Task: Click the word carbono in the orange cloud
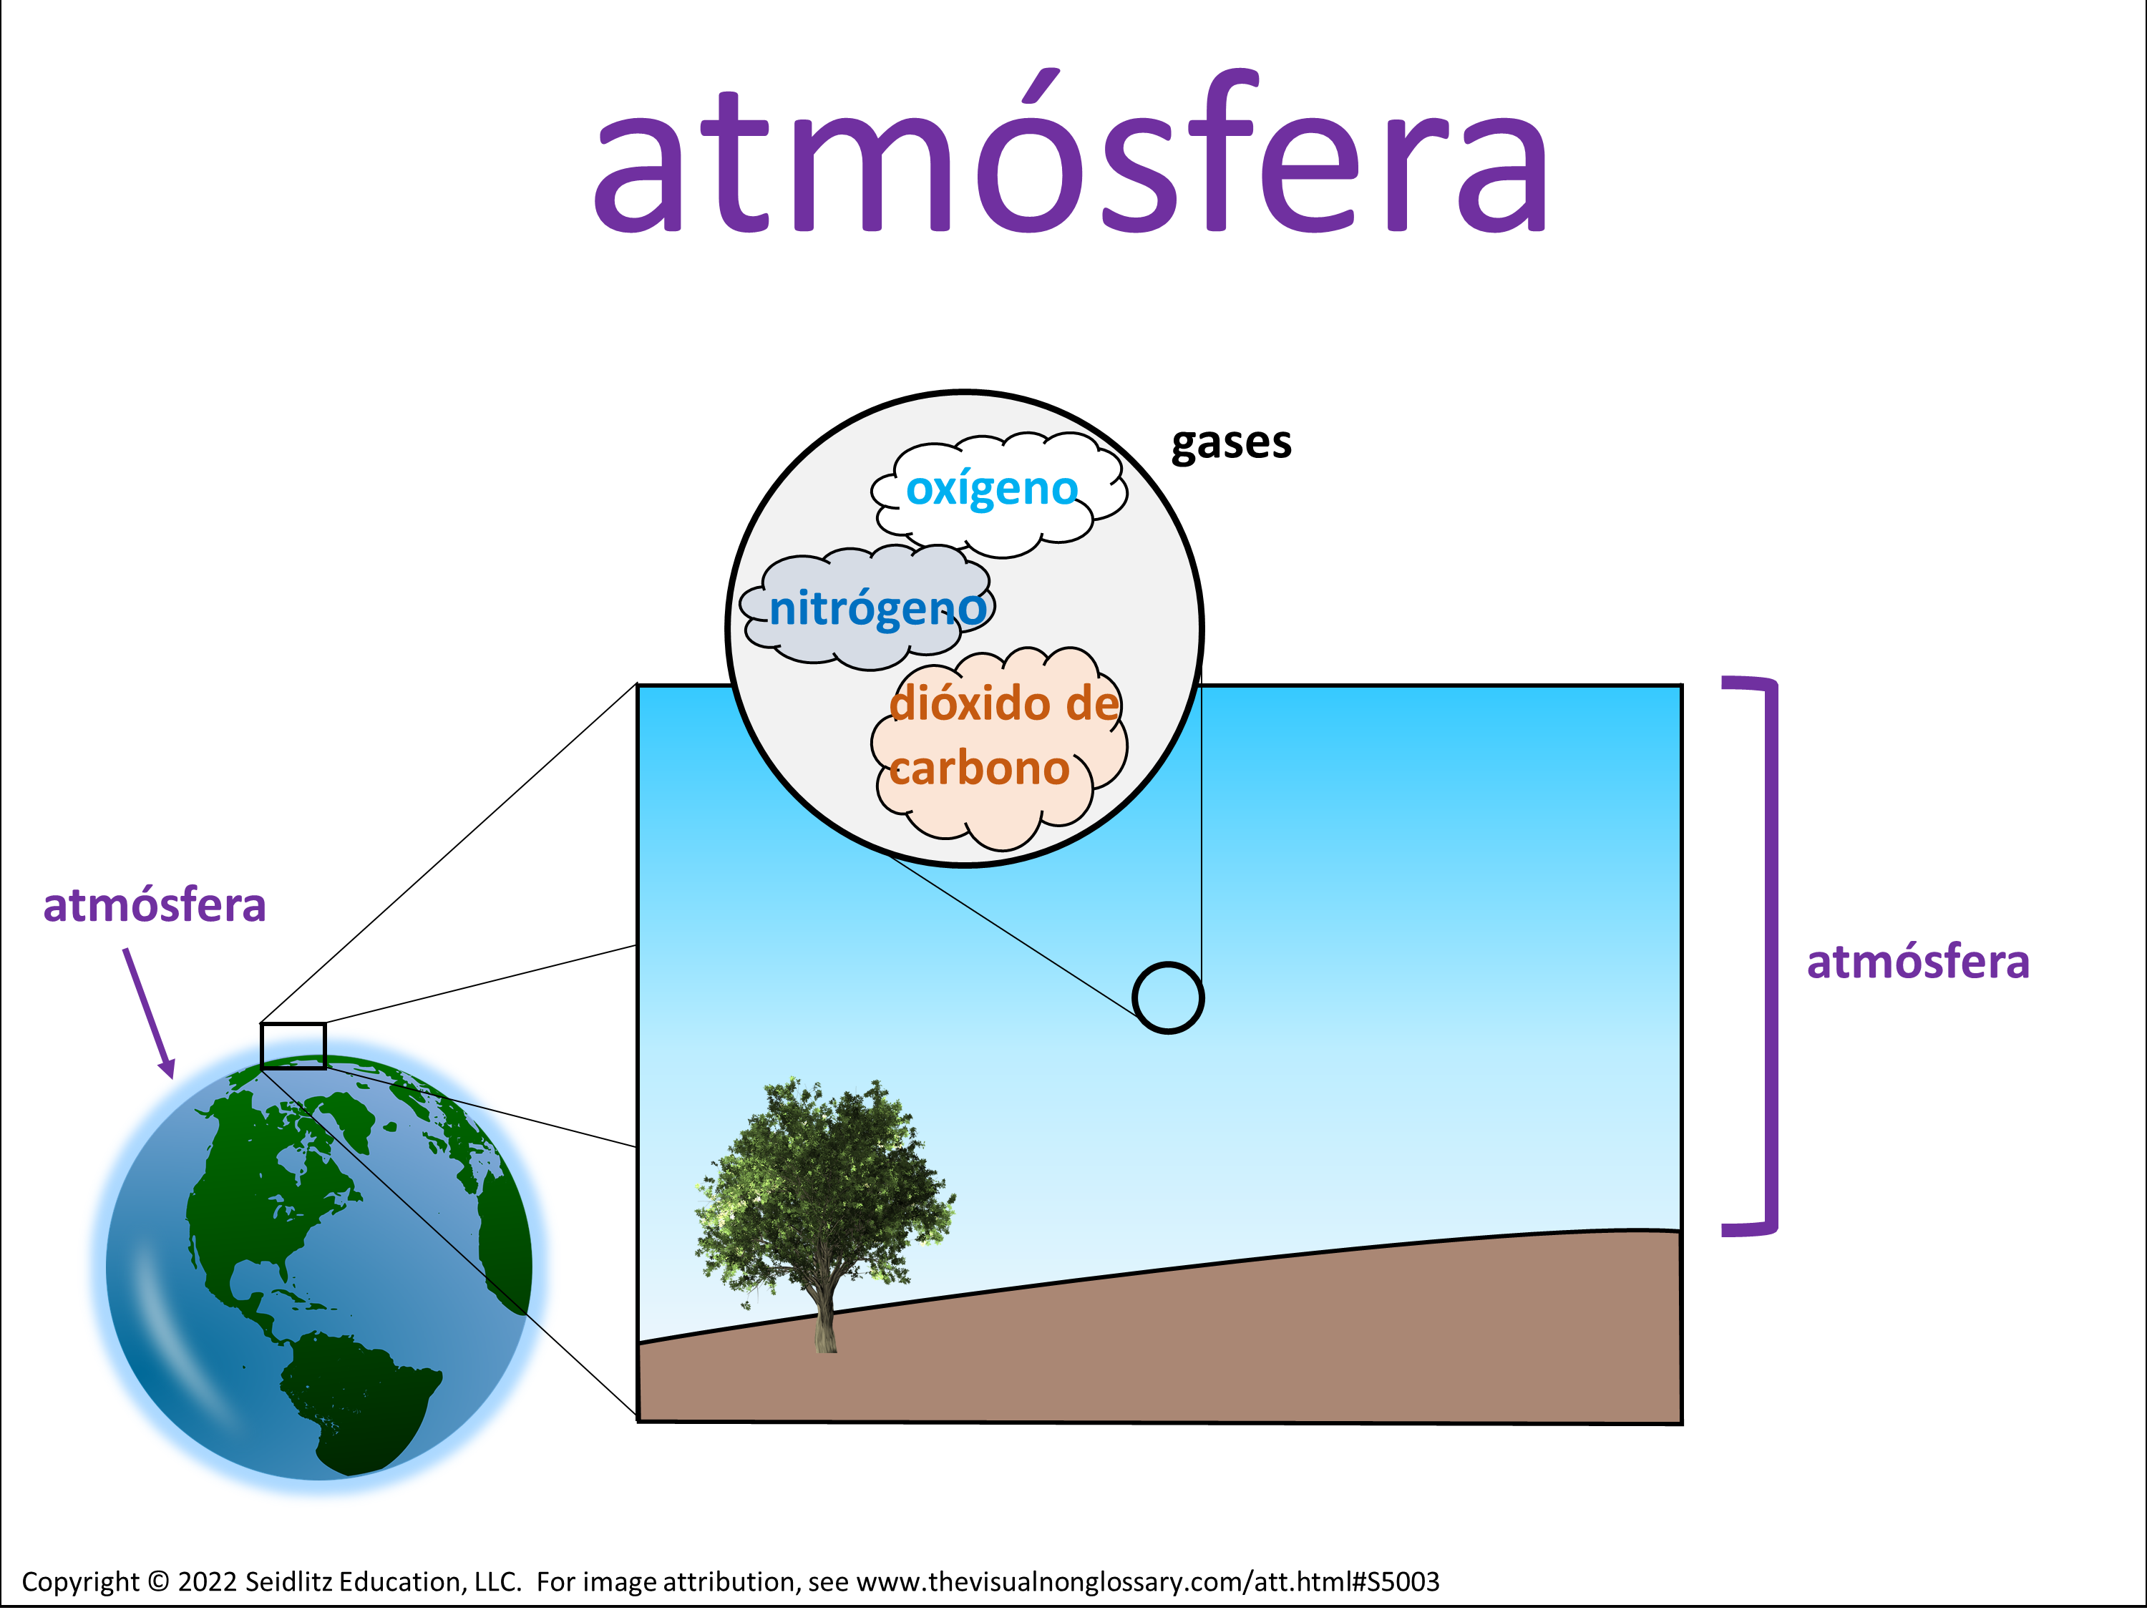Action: pos(979,769)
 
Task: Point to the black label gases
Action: pos(1232,444)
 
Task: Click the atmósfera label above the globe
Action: pos(155,904)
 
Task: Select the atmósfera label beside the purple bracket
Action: pos(1918,962)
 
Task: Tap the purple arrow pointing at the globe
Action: pos(149,1013)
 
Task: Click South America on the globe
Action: pos(359,1397)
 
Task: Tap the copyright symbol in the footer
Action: pos(158,1582)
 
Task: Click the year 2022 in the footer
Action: pos(208,1582)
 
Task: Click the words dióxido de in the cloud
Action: pos(1005,703)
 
